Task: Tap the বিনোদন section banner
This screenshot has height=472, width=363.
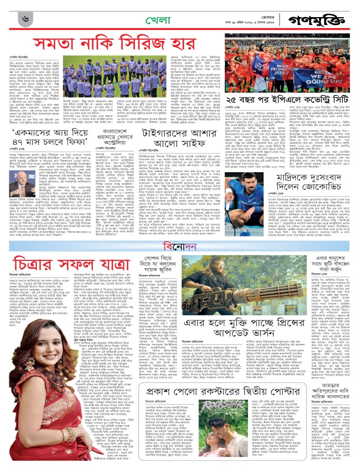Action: (x=182, y=246)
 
